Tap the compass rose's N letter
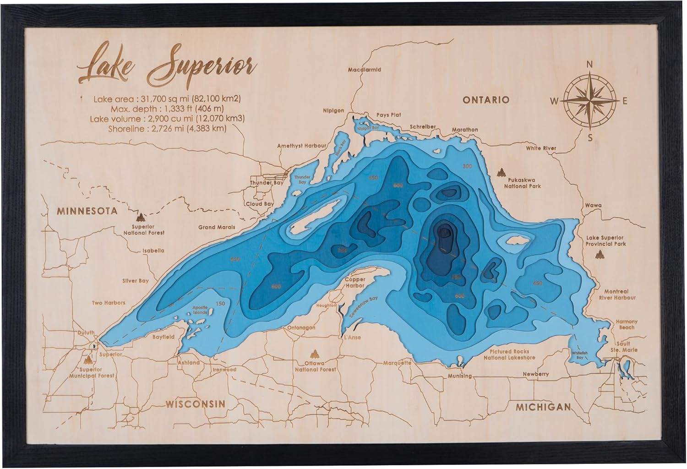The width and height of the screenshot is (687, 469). [x=590, y=65]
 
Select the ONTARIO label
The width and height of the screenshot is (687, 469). [x=485, y=99]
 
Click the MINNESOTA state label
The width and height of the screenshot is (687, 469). [x=87, y=211]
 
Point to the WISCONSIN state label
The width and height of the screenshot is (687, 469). [x=196, y=404]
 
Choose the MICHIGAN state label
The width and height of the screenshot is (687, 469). [x=543, y=407]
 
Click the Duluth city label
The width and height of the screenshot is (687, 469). [x=86, y=333]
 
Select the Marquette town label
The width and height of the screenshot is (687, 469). [x=397, y=363]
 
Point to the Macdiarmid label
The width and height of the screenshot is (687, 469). [x=365, y=70]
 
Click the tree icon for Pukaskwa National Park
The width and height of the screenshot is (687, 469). [x=502, y=173]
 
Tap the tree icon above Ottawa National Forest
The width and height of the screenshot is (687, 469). [x=315, y=354]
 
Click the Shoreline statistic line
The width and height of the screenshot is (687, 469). [x=167, y=129]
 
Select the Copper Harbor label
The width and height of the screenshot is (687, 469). [x=355, y=283]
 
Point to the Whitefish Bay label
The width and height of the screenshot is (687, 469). [x=580, y=355]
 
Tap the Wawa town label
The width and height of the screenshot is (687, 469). [x=593, y=206]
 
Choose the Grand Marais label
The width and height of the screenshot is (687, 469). [x=217, y=227]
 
